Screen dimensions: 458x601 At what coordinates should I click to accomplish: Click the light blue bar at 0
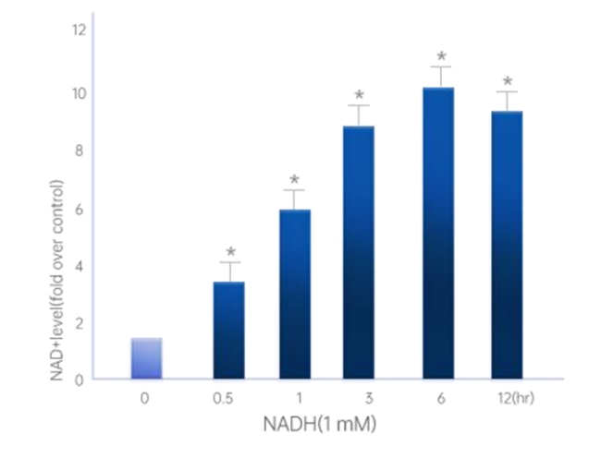tap(146, 358)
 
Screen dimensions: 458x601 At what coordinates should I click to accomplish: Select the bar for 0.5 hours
tap(228, 330)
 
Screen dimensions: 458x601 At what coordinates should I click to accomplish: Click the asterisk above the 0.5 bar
tap(230, 252)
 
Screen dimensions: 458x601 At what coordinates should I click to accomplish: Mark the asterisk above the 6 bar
tap(441, 56)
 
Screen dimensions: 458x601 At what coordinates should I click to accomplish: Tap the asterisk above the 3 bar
tap(360, 95)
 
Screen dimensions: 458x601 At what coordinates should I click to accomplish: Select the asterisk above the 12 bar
tap(507, 81)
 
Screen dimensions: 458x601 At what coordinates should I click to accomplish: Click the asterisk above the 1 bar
tap(295, 180)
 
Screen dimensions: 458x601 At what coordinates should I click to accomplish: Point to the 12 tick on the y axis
tap(80, 30)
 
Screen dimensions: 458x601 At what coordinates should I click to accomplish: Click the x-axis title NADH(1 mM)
tap(322, 424)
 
